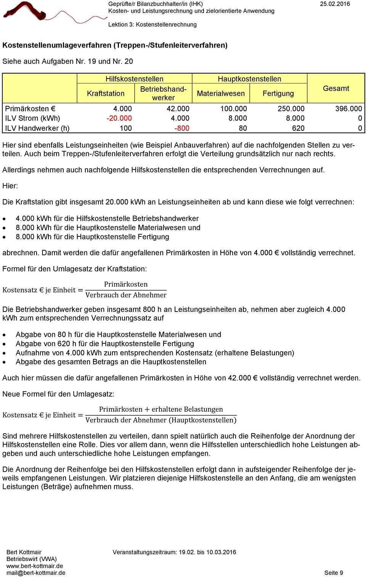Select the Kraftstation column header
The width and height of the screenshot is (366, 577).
pyautogui.click(x=106, y=93)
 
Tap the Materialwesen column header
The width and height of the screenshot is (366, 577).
pyautogui.click(x=221, y=93)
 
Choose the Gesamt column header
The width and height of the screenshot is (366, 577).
pyautogui.click(x=336, y=88)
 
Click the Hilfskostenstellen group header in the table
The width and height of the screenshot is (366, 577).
pyautogui.click(x=134, y=79)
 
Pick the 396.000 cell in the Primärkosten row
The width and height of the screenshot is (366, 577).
pyautogui.click(x=348, y=109)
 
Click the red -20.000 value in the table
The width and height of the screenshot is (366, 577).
pyautogui.click(x=119, y=118)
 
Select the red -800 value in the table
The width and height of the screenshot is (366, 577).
pyautogui.click(x=181, y=128)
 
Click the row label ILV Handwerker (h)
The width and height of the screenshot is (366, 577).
pyautogui.click(x=37, y=128)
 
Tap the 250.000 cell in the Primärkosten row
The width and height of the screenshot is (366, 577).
pyautogui.click(x=291, y=109)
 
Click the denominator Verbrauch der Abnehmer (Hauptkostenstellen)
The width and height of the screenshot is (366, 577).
pyautogui.click(x=161, y=420)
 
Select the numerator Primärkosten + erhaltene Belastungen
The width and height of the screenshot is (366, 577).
pyautogui.click(x=161, y=409)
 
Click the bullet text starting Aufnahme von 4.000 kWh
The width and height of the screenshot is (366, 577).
pyautogui.click(x=155, y=353)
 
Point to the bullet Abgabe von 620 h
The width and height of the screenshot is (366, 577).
pyautogui.click(x=105, y=344)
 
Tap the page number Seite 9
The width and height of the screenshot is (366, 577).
pyautogui.click(x=334, y=573)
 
